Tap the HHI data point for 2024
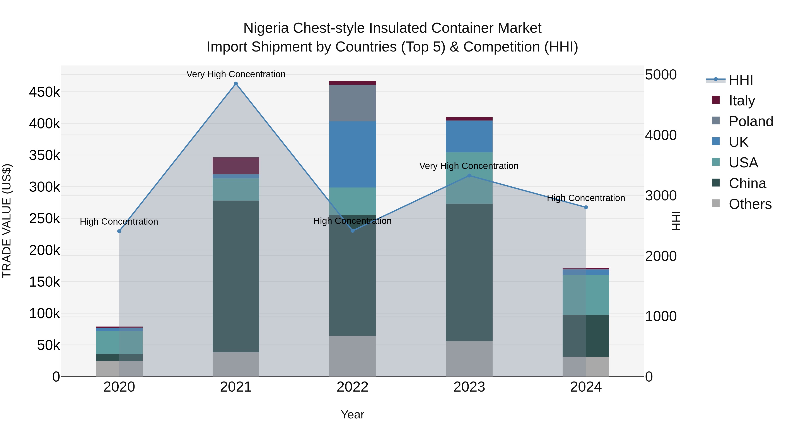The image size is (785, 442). pos(586,207)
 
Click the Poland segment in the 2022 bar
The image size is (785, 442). pos(352,103)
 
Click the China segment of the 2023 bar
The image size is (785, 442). pos(469,272)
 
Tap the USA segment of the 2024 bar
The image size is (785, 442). pos(586,295)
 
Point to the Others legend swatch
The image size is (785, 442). pos(715,203)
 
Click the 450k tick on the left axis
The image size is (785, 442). pos(44,92)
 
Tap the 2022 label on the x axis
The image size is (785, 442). pos(352,387)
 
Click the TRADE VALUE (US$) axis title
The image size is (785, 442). pos(7,221)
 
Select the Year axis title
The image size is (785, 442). pos(352,414)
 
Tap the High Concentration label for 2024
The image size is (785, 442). pos(586,198)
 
